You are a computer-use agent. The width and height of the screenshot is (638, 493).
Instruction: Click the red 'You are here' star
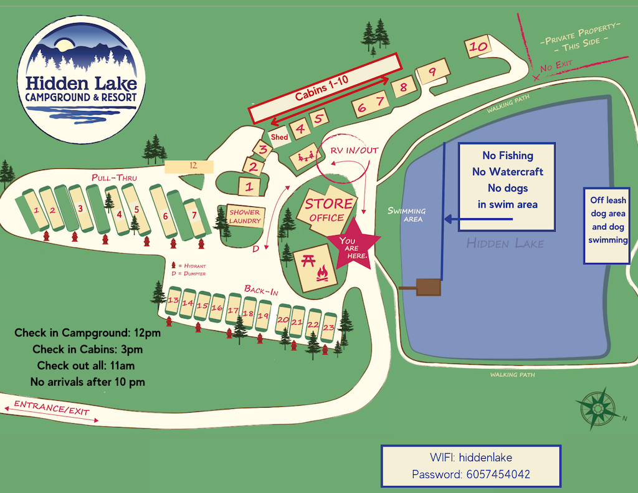[353, 245]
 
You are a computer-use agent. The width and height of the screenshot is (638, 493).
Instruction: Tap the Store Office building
[327, 209]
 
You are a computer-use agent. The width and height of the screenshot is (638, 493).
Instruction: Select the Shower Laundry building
[244, 216]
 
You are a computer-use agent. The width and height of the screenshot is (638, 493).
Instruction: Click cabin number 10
[478, 47]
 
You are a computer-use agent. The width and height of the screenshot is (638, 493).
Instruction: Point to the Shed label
[279, 137]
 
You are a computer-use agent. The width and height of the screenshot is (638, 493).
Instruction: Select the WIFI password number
[498, 474]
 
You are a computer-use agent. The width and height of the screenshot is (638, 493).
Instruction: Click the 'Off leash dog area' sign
[609, 221]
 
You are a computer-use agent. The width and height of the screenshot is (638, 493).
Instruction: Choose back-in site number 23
[329, 325]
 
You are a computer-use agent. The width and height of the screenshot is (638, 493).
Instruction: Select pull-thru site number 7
[194, 216]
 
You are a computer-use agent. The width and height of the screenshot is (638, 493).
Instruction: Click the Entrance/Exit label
[52, 409]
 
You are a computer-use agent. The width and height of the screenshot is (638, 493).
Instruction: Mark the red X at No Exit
[536, 78]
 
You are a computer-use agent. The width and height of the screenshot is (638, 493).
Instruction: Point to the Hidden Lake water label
[505, 243]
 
